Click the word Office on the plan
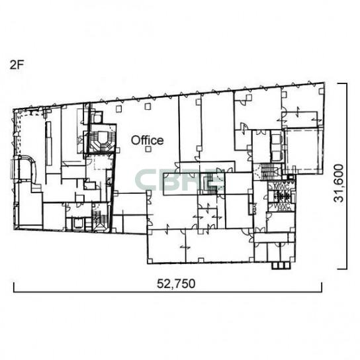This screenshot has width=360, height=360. [x=147, y=140]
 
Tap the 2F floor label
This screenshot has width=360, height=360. [x=17, y=66]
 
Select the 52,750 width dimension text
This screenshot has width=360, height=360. [x=176, y=283]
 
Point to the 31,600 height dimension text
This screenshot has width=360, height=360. [x=339, y=183]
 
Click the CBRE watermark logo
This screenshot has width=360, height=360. [x=179, y=180]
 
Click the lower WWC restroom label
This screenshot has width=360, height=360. [x=281, y=205]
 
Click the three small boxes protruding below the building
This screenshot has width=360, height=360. [x=281, y=265]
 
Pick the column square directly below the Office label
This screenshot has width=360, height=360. [x=148, y=150]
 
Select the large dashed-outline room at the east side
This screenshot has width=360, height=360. [x=302, y=150]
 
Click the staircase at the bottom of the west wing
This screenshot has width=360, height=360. [x=100, y=218]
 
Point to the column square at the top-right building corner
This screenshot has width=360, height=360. [x=321, y=91]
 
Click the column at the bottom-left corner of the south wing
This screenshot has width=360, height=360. [x=150, y=261]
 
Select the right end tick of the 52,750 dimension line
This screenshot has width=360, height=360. [x=322, y=287]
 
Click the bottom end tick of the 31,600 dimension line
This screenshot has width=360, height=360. [x=342, y=269]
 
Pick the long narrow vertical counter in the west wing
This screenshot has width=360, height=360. [x=48, y=143]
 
